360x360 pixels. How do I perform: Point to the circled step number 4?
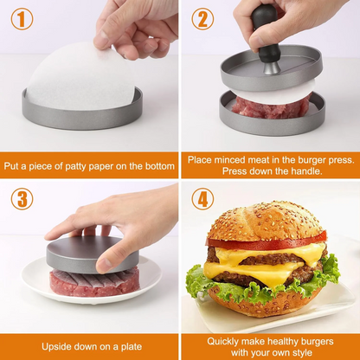pos(202,200)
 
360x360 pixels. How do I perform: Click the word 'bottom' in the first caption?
pos(152,164)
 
